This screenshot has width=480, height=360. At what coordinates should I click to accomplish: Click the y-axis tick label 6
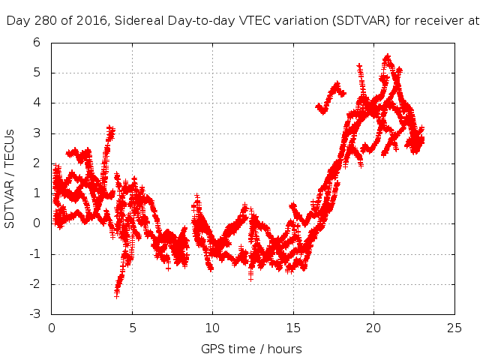click(36, 43)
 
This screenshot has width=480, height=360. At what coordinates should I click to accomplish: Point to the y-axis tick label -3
click(34, 314)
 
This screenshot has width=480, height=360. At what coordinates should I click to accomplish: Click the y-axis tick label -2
click(34, 284)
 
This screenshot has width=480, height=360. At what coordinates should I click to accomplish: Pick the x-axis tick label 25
click(454, 328)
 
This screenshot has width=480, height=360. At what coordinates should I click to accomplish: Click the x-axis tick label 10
click(212, 328)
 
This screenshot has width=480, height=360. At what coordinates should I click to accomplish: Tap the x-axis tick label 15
click(293, 328)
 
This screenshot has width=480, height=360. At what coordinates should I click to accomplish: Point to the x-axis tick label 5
click(132, 328)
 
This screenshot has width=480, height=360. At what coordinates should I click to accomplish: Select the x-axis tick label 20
click(373, 328)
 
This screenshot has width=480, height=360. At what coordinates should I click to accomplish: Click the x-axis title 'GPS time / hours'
click(251, 349)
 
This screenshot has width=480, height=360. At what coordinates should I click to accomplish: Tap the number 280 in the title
click(42, 21)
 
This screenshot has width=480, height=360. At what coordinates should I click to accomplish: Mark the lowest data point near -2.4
click(116, 295)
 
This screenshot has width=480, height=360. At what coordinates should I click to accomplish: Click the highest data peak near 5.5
click(387, 56)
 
